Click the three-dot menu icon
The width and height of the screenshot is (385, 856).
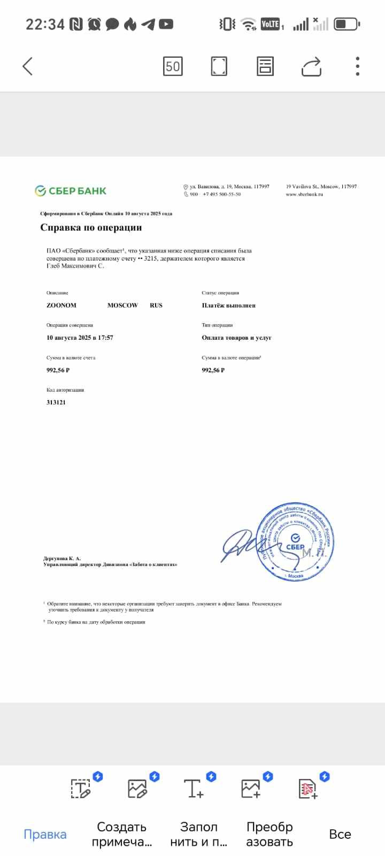tap(358, 66)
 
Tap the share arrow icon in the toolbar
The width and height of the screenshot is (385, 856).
tap(311, 67)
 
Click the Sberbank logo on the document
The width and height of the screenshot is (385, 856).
tap(71, 191)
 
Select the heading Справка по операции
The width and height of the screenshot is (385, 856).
tap(91, 227)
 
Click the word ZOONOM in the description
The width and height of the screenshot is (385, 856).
tap(61, 305)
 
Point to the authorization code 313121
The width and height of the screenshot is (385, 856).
tap(56, 402)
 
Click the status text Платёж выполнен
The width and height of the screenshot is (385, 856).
tap(228, 305)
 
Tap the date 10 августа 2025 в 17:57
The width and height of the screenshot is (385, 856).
tap(80, 338)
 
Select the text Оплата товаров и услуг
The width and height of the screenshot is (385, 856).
tap(236, 338)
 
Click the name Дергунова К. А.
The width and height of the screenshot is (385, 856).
tap(62, 559)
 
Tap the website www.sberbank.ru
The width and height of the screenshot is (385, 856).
tap(304, 194)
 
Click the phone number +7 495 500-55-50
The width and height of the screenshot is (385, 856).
tap(221, 194)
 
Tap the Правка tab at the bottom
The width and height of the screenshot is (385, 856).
tap(45, 834)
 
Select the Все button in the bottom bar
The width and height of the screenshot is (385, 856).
tap(340, 834)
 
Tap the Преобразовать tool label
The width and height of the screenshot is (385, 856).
tap(269, 834)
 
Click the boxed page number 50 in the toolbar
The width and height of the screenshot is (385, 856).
tap(173, 66)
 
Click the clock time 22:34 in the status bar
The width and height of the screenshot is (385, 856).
tap(45, 24)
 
